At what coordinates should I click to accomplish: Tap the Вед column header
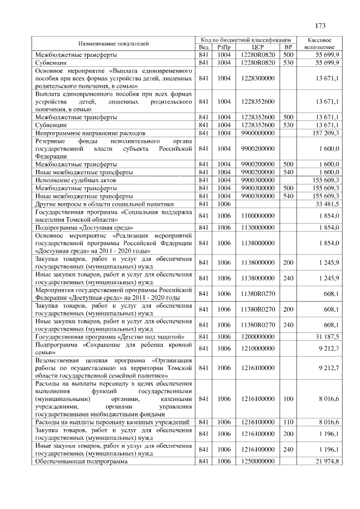[x=204, y=47]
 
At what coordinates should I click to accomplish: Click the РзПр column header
[x=224, y=47]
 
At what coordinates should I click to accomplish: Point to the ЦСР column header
[x=258, y=47]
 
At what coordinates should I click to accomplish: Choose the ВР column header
[x=288, y=47]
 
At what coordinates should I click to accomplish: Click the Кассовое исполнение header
[x=319, y=43]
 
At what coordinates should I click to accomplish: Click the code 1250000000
[x=258, y=461]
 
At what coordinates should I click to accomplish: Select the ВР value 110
[x=288, y=422]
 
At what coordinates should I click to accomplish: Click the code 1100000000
[x=258, y=215]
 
